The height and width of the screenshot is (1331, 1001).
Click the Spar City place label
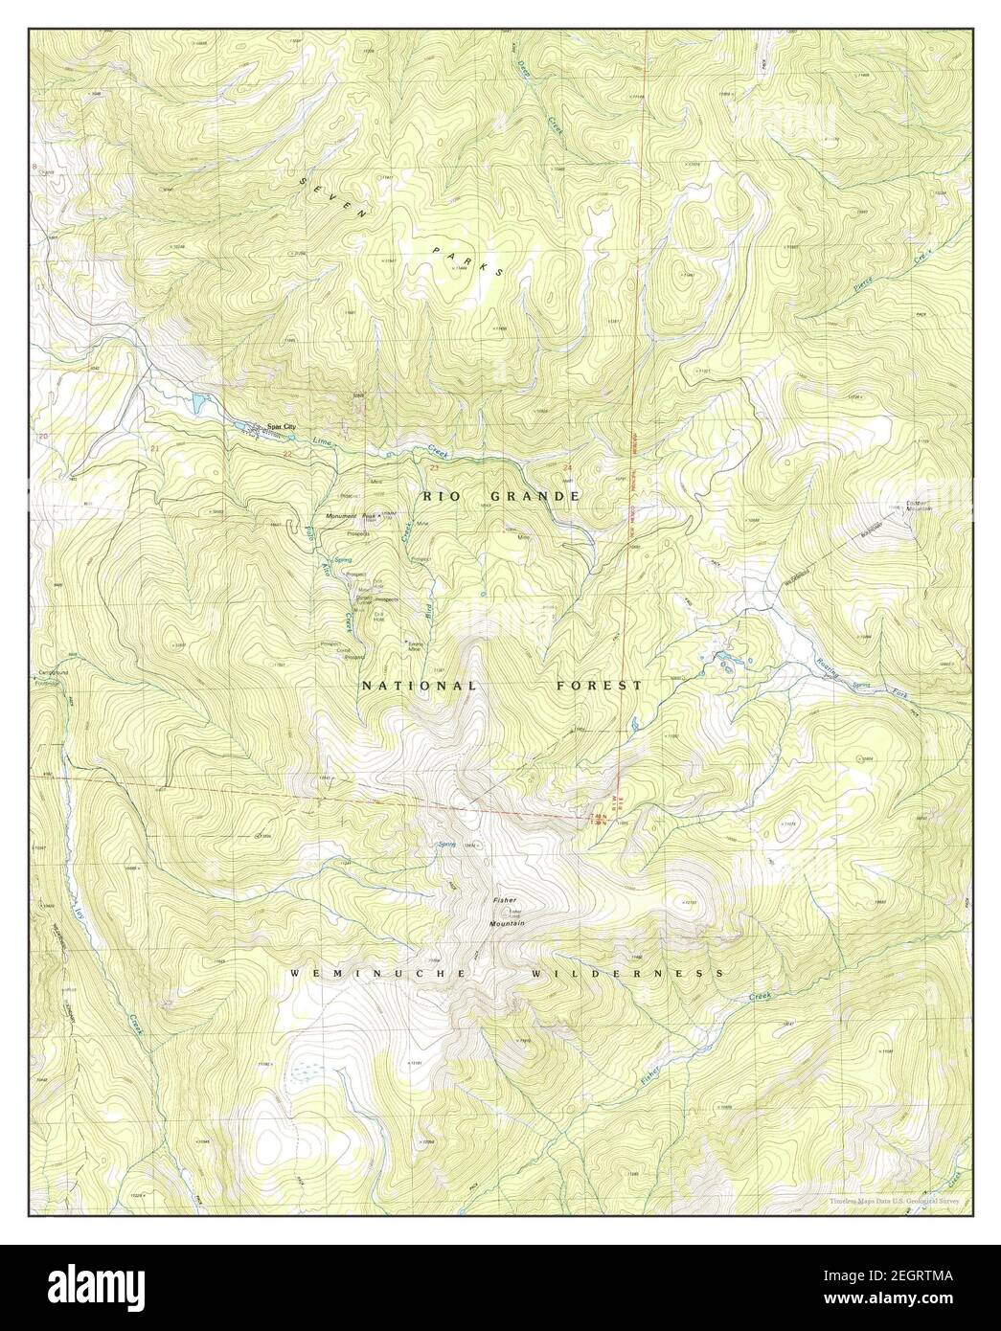click(254, 427)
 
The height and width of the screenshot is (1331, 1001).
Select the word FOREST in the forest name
click(600, 686)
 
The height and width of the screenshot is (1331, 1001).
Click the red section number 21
click(154, 446)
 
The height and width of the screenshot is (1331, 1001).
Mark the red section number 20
click(41, 437)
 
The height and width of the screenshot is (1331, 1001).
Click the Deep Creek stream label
click(545, 111)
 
